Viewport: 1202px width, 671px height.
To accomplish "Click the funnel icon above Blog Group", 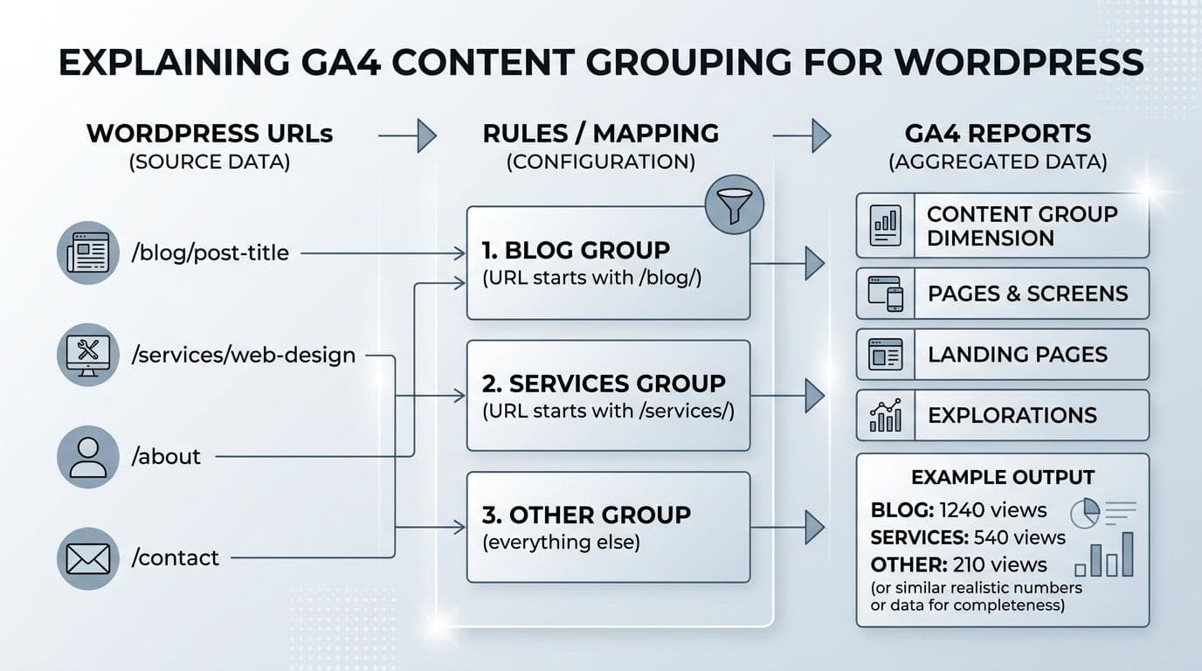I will tap(735, 204).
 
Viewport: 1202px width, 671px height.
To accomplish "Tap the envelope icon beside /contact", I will tap(88, 557).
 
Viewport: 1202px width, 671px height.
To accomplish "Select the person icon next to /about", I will tap(88, 456).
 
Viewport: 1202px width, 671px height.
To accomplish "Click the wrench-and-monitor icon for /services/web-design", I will tap(88, 355).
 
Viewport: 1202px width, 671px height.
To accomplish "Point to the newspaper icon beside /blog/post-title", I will tap(88, 253).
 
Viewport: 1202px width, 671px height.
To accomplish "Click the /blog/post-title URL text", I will tap(210, 253).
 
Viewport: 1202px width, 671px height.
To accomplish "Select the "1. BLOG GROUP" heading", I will tap(576, 250).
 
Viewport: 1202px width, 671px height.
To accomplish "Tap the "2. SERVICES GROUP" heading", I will tap(604, 384).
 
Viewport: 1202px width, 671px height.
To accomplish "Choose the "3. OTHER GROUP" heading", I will tap(586, 515).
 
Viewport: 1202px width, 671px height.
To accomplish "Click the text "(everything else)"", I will tap(561, 542).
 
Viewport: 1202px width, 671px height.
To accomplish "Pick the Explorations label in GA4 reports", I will tap(1012, 415).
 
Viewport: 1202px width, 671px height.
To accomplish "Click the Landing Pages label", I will tap(1017, 354).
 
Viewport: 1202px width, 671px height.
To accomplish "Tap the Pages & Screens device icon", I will tap(885, 294).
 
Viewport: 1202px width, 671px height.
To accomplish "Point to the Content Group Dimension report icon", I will tap(885, 225).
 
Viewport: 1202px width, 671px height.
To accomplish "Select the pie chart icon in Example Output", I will tap(1085, 512).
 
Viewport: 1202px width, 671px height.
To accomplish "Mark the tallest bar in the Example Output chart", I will tap(1127, 554).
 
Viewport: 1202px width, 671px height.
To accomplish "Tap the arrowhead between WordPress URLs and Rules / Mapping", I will tap(426, 135).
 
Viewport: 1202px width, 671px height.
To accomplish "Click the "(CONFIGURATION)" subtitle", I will tap(600, 162).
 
